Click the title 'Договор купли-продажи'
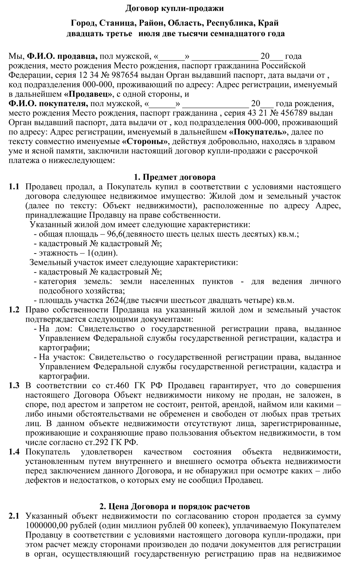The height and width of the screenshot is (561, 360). pos(175,8)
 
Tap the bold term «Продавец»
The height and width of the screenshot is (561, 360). pos(89,94)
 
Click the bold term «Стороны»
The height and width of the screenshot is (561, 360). pos(145,141)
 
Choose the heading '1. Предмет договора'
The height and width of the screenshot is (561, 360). pos(175,177)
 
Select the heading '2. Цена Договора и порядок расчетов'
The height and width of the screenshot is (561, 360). pos(175,507)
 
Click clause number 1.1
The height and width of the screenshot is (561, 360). pos(14,187)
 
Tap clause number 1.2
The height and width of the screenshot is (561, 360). pos(14,310)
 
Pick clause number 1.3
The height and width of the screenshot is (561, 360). pos(14,386)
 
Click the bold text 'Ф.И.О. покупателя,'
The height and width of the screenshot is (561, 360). pos(48,104)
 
